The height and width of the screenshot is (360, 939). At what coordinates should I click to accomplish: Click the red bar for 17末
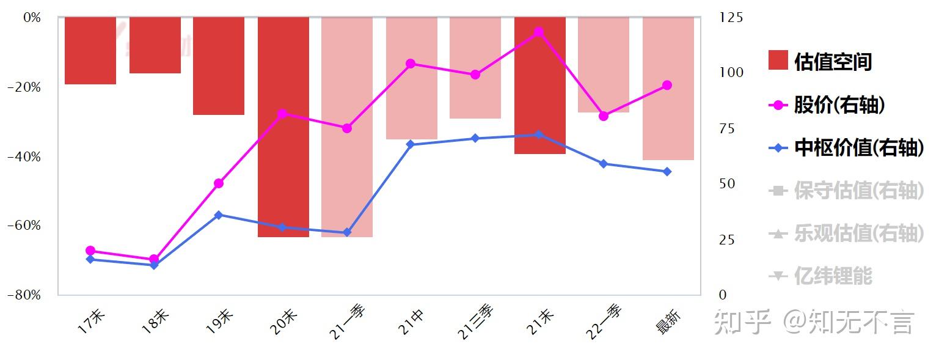[x=90, y=51]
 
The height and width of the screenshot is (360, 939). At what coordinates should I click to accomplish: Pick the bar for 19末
[x=219, y=66]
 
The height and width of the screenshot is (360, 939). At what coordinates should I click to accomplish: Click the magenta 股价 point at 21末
[x=539, y=32]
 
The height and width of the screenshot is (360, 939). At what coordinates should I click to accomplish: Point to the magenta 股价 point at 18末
[x=154, y=260]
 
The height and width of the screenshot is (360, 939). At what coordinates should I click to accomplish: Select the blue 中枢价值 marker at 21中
[x=411, y=144]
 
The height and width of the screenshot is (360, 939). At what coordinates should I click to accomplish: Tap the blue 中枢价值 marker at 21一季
[x=347, y=232]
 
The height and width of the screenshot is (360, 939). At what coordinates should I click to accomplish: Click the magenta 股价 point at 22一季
[x=604, y=116]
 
